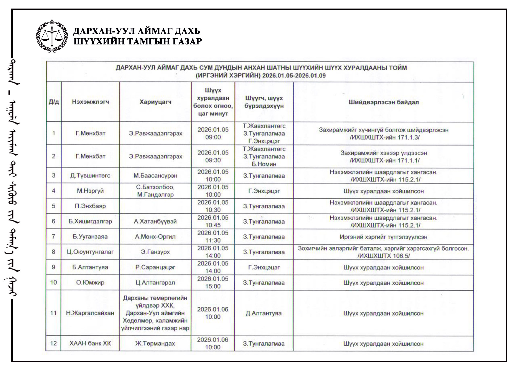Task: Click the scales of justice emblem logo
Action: pyautogui.click(x=52, y=36)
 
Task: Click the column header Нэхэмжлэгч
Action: pyautogui.click(x=90, y=102)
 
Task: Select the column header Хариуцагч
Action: pyautogui.click(x=155, y=102)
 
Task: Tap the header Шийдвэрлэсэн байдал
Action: pyautogui.click(x=384, y=102)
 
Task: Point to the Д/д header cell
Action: pyautogui.click(x=54, y=102)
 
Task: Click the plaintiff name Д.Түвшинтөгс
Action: pyautogui.click(x=90, y=175)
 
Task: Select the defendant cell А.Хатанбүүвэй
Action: pyautogui.click(x=155, y=221)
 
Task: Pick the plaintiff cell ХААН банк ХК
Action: pyautogui.click(x=90, y=343)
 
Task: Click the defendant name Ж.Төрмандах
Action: pyautogui.click(x=155, y=343)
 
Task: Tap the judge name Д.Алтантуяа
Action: pyautogui.click(x=264, y=313)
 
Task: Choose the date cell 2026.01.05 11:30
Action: pyautogui.click(x=213, y=237)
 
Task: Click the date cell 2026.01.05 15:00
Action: pyautogui.click(x=213, y=282)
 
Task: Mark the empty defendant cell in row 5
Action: pyautogui.click(x=155, y=206)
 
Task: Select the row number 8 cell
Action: pyautogui.click(x=54, y=252)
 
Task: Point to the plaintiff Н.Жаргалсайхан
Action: pyautogui.click(x=90, y=313)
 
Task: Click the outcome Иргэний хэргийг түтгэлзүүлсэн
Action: pyautogui.click(x=384, y=237)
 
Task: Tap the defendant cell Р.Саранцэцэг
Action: pyautogui.click(x=155, y=267)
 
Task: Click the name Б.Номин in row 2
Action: pyautogui.click(x=264, y=164)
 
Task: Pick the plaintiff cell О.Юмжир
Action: pyautogui.click(x=90, y=282)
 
